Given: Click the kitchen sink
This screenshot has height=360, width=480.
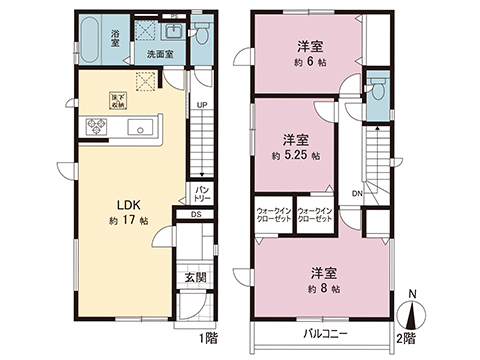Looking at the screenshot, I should tap(142, 127).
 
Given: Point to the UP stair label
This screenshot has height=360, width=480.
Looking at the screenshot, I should tap(201, 105).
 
